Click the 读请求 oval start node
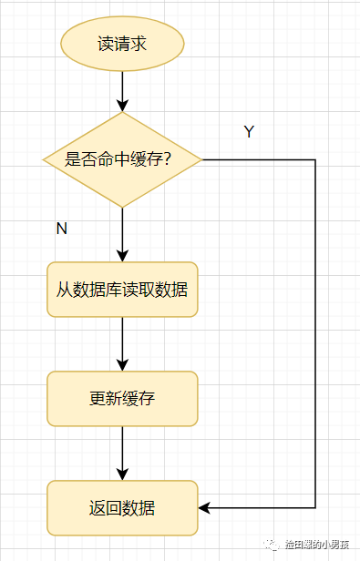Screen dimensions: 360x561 click(122, 44)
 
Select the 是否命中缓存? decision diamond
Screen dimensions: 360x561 click(122, 159)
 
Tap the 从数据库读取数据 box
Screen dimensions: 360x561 click(122, 290)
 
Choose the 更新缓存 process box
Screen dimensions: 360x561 click(122, 399)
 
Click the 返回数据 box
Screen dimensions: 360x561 click(122, 508)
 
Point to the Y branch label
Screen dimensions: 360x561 click(249, 132)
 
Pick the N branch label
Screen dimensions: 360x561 click(62, 229)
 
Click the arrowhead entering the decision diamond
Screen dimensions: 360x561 click(122, 106)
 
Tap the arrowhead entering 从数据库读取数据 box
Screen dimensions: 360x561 click(122, 256)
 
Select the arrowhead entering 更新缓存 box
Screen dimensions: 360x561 click(122, 365)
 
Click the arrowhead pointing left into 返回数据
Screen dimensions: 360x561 click(204, 507)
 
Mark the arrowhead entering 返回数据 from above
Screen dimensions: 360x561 click(122, 474)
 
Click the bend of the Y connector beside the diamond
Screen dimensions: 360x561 click(315, 159)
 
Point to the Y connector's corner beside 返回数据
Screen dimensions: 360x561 click(315, 507)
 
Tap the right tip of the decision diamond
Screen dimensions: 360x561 click(202, 159)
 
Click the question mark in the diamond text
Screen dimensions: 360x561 click(167, 158)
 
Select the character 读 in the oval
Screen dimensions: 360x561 click(106, 44)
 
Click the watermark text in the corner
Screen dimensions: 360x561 click(317, 545)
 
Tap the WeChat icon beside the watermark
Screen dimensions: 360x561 click(272, 545)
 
